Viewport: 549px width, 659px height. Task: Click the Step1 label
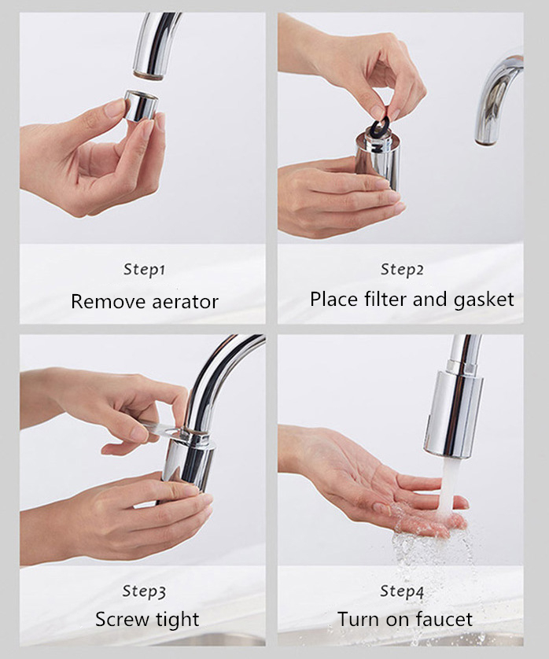pyautogui.click(x=144, y=270)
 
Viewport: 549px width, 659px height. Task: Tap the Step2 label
pyautogui.click(x=402, y=270)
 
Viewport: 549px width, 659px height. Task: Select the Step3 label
pyautogui.click(x=144, y=591)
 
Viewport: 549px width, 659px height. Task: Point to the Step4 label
pyautogui.click(x=402, y=591)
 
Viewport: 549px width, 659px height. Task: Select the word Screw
pyautogui.click(x=123, y=619)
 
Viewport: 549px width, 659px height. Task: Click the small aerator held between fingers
pyautogui.click(x=141, y=106)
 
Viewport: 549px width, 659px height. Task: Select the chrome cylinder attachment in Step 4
pyautogui.click(x=453, y=414)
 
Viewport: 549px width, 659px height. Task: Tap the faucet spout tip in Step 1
pyautogui.click(x=149, y=75)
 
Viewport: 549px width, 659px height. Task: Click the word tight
pyautogui.click(x=178, y=620)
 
